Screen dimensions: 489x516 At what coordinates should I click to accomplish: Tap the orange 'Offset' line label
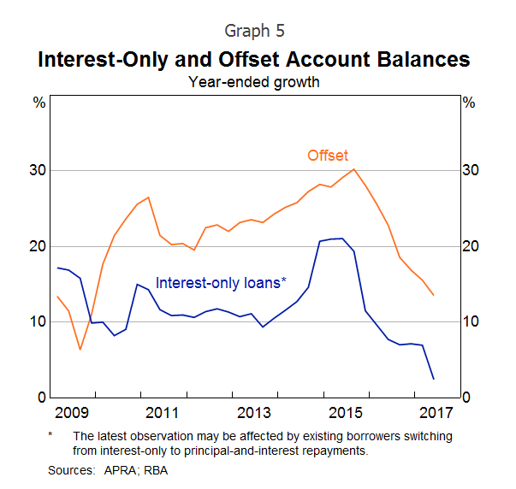[x=328, y=155]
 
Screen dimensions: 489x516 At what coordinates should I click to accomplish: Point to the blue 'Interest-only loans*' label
[x=221, y=281]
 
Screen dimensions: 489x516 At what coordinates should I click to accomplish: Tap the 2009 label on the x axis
[x=72, y=414]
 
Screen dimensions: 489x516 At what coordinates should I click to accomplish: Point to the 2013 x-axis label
[x=255, y=414]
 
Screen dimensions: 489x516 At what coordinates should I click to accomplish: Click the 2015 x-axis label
[x=347, y=414]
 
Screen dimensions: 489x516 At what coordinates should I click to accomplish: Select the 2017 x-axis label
[x=436, y=414]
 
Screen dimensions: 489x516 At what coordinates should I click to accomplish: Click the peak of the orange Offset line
[x=354, y=168]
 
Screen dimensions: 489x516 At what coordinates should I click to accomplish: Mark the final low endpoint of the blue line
[x=434, y=379]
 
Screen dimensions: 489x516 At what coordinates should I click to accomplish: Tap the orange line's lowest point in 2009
[x=80, y=349]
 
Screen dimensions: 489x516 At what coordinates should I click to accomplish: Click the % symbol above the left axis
[x=39, y=103]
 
